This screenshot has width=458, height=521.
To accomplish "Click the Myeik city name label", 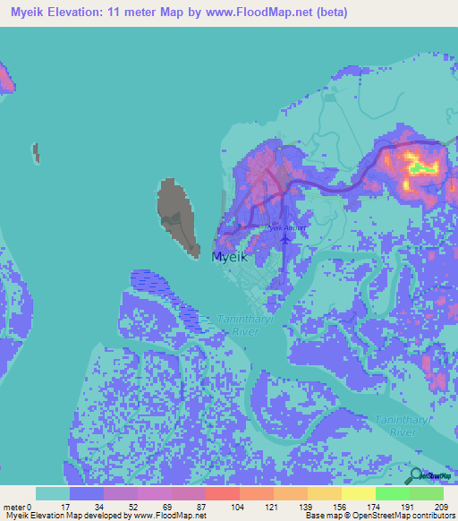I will [x=228, y=256].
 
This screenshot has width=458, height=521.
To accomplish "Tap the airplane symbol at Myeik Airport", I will [x=285, y=238].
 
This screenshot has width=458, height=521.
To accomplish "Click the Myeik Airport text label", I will [x=284, y=227].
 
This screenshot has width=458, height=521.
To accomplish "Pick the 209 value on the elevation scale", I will [x=440, y=507].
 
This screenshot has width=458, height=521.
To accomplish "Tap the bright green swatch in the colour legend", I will [x=392, y=493].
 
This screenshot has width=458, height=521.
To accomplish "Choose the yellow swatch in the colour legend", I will [x=358, y=493].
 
